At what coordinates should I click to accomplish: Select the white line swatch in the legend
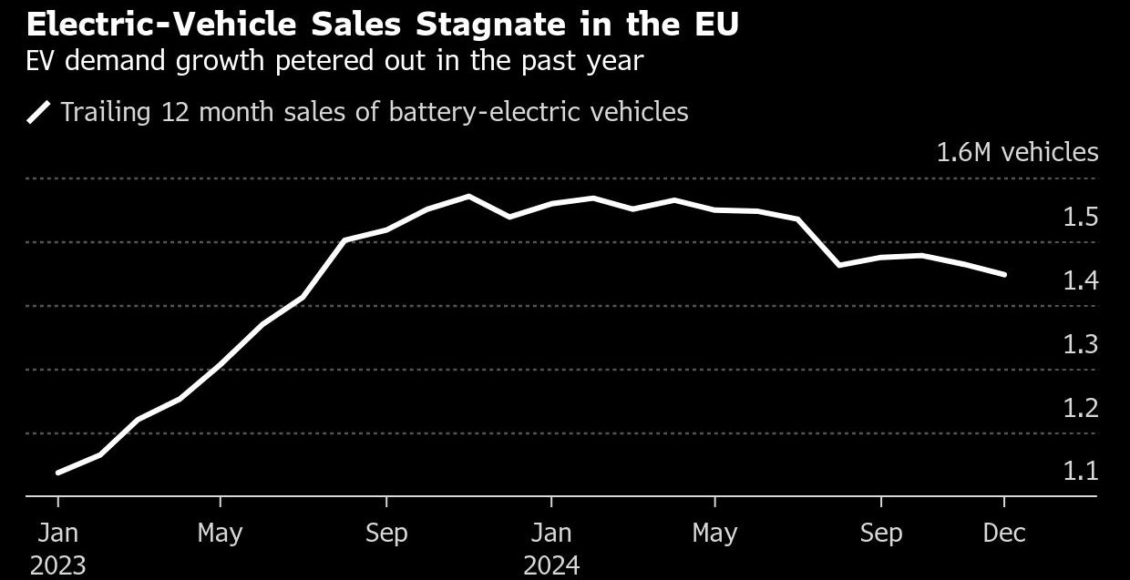pyautogui.click(x=40, y=112)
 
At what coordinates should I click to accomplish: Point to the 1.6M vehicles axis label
pyautogui.click(x=1017, y=152)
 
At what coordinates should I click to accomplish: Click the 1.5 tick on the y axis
pyautogui.click(x=1080, y=217)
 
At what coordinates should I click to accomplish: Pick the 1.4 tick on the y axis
pyautogui.click(x=1080, y=280)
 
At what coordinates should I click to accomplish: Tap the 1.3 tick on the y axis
pyautogui.click(x=1080, y=344)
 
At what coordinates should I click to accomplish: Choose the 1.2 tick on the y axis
pyautogui.click(x=1080, y=408)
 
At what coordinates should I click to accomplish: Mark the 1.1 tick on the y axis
pyautogui.click(x=1080, y=472)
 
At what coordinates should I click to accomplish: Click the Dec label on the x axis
pyautogui.click(x=1004, y=533)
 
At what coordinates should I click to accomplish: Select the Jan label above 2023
pyautogui.click(x=57, y=533)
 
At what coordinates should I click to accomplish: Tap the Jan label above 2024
pyautogui.click(x=550, y=533)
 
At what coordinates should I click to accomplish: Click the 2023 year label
pyautogui.click(x=57, y=565)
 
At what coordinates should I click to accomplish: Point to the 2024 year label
pyautogui.click(x=550, y=565)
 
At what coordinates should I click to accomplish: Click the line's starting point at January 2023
pyautogui.click(x=58, y=473)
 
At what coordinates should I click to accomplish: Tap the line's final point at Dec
pyautogui.click(x=1004, y=274)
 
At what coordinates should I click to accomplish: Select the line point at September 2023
pyautogui.click(x=386, y=229)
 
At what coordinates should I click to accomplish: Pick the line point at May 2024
pyautogui.click(x=715, y=209)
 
